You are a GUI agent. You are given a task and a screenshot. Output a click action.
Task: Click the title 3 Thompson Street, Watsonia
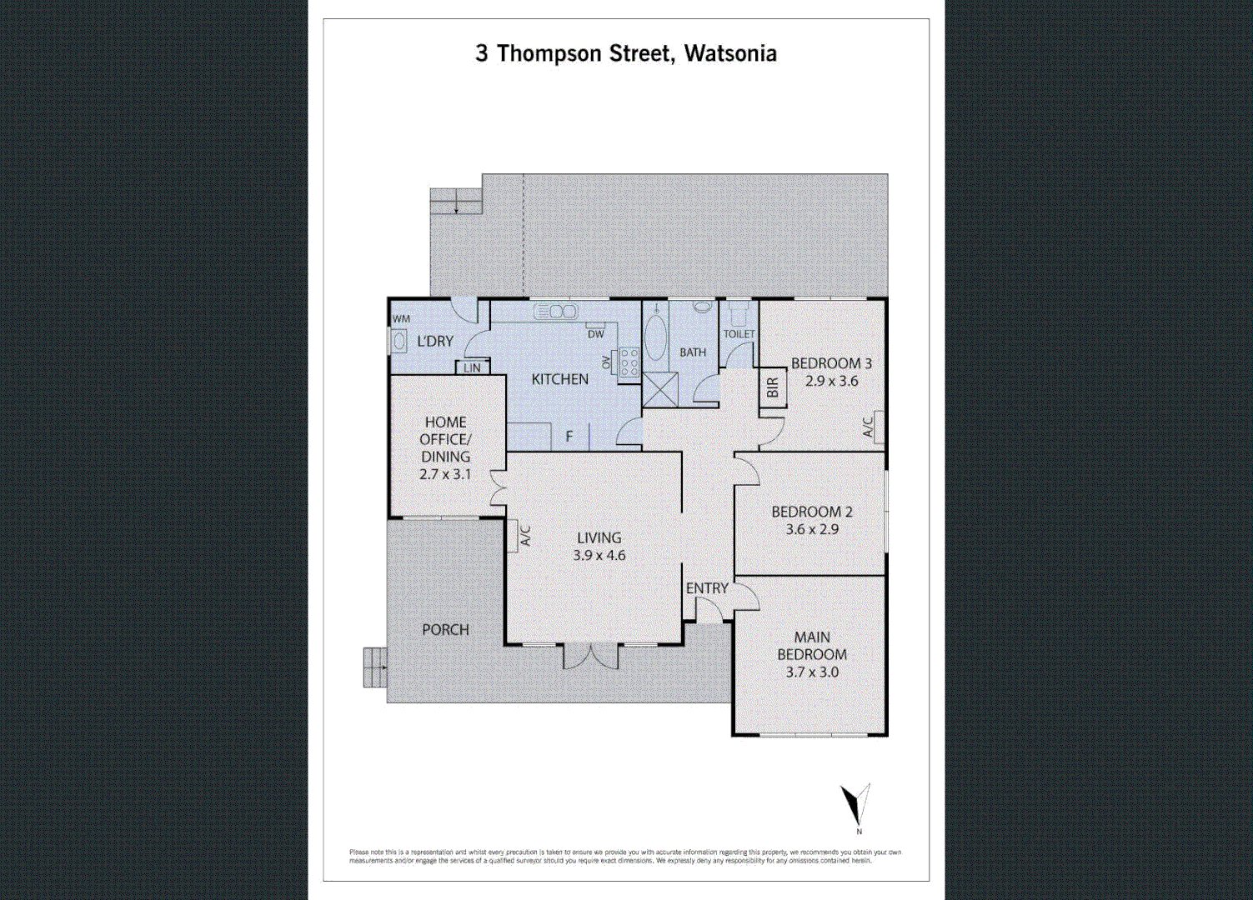coord(626,54)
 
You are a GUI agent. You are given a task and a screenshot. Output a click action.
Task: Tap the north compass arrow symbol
coord(855,804)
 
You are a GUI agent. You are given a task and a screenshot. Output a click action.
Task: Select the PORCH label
coord(445,630)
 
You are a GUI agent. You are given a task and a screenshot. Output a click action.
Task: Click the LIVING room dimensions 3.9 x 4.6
coord(599,556)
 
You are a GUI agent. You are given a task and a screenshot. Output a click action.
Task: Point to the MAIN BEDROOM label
coord(811,646)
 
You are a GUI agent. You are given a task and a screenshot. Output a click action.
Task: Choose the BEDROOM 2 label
coord(811,512)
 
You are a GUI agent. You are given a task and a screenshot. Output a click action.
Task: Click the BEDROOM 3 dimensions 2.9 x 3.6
coord(831,382)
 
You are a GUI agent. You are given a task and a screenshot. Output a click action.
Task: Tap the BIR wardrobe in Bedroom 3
coord(772,387)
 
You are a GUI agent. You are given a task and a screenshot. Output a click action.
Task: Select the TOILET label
coord(739,334)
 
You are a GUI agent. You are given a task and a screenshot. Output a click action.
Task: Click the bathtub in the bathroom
coord(656,337)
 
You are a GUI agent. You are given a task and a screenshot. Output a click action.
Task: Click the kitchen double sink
coord(555,312)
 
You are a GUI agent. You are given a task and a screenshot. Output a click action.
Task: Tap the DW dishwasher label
coord(595,334)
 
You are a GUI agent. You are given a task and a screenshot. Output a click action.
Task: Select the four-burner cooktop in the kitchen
coord(629,362)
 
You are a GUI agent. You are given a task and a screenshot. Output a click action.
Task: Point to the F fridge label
coord(569,436)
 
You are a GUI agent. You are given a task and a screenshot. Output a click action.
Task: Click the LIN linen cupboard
coord(472,367)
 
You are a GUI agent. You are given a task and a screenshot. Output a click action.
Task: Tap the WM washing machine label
coord(401,319)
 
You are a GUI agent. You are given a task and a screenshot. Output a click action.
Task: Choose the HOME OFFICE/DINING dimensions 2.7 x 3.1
coord(445,474)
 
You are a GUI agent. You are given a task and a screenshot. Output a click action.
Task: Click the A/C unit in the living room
coord(519,536)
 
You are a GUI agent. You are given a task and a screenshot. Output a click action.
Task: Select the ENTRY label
coord(707,588)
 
